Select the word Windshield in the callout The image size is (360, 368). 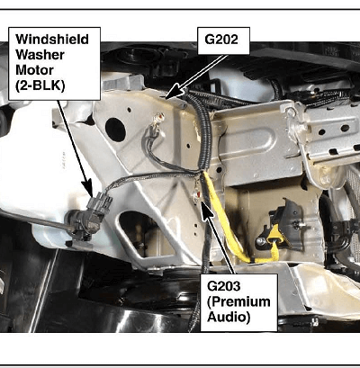(x=52, y=40)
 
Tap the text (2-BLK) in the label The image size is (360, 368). (x=40, y=86)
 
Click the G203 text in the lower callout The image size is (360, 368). (x=224, y=286)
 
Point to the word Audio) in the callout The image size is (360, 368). (x=229, y=318)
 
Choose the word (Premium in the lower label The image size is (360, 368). (x=238, y=301)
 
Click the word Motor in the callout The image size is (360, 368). (x=34, y=70)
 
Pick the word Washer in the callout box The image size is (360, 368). (x=40, y=55)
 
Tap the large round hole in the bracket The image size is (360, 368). (x=115, y=130)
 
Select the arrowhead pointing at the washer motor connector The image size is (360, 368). (x=89, y=188)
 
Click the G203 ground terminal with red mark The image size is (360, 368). (x=197, y=195)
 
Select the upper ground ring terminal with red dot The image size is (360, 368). (x=157, y=119)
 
